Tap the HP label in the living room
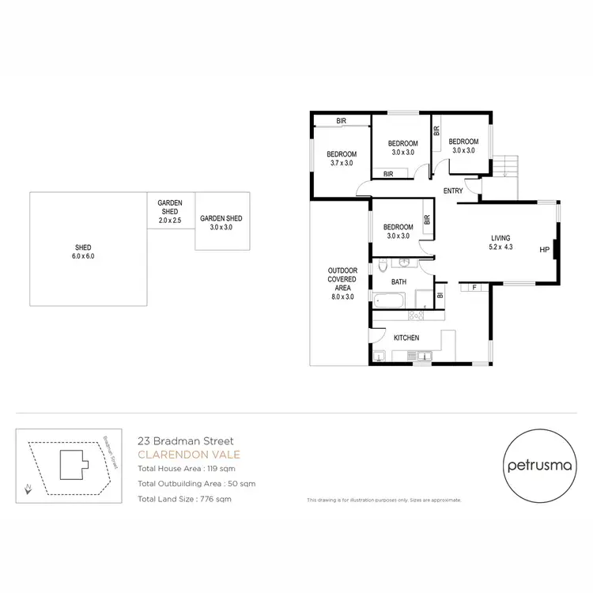click(543, 250)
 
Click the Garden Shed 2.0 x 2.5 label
click(170, 211)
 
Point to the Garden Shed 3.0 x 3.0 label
click(221, 223)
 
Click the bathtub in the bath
click(388, 300)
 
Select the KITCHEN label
click(406, 338)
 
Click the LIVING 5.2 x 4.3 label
click(500, 243)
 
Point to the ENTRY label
click(453, 191)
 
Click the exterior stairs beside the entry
click(506, 167)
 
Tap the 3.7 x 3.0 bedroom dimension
click(342, 163)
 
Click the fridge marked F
click(474, 287)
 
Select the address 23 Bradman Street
click(185, 440)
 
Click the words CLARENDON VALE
click(189, 455)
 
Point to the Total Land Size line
click(184, 499)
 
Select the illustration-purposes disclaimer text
click(383, 500)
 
